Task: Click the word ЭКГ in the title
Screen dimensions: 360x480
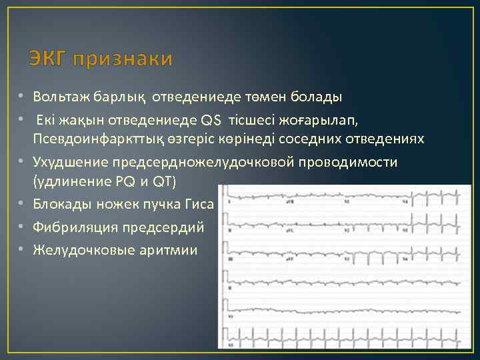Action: point(48,60)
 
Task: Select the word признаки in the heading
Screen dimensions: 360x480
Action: point(123,60)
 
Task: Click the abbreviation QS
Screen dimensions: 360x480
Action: point(211,120)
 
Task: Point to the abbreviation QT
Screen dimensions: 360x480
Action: point(162,182)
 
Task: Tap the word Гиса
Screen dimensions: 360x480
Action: point(198,205)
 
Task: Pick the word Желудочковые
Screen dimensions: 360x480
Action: point(74,251)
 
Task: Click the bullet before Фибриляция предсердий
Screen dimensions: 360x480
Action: point(22,228)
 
